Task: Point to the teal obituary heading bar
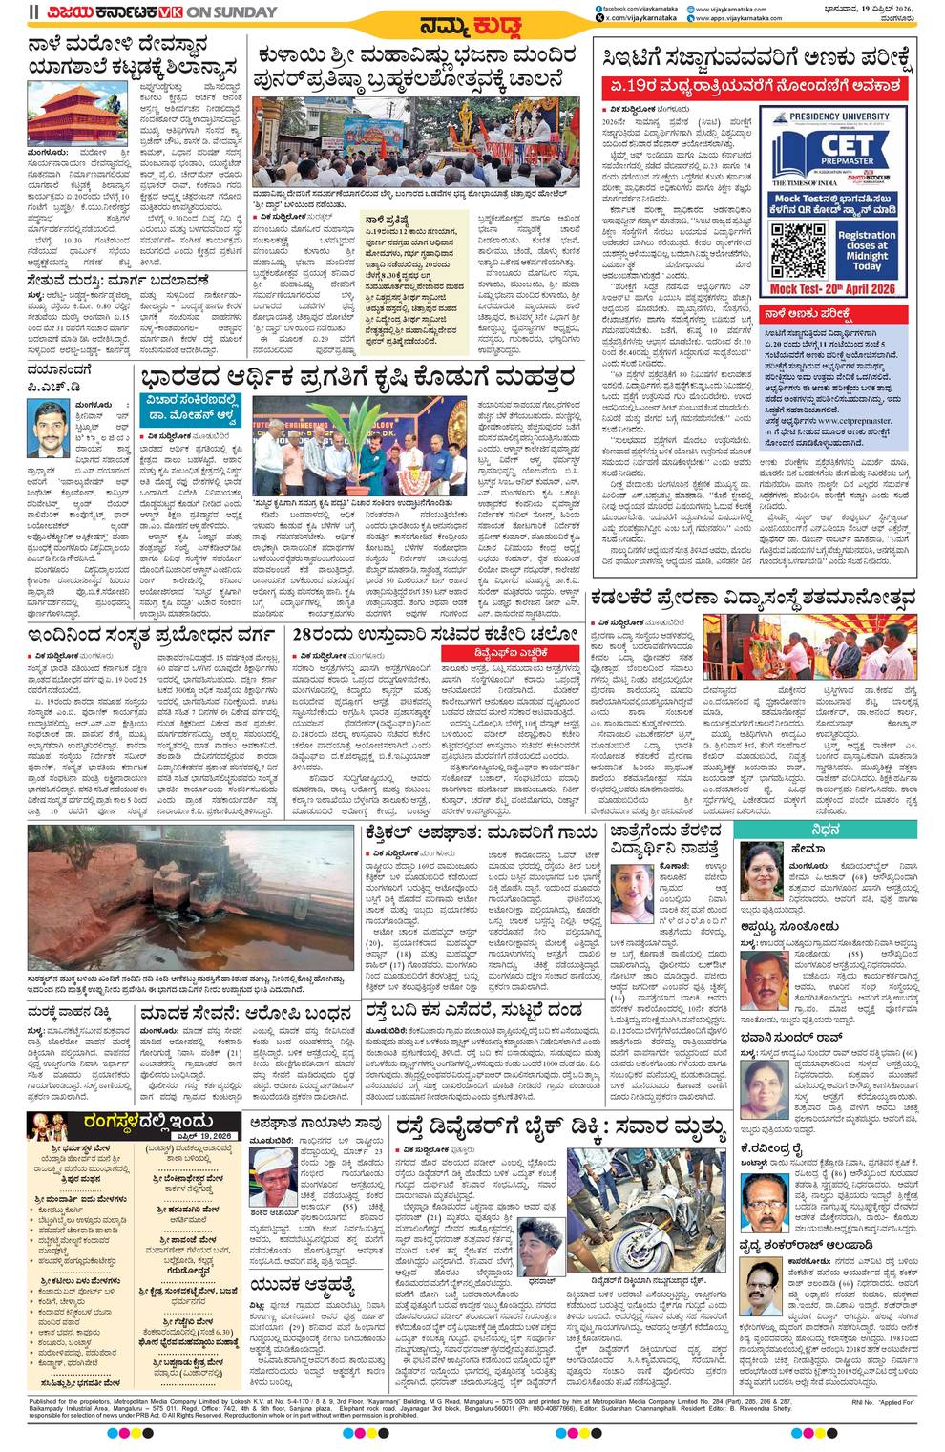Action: tap(826, 831)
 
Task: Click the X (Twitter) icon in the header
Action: tap(598, 18)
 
